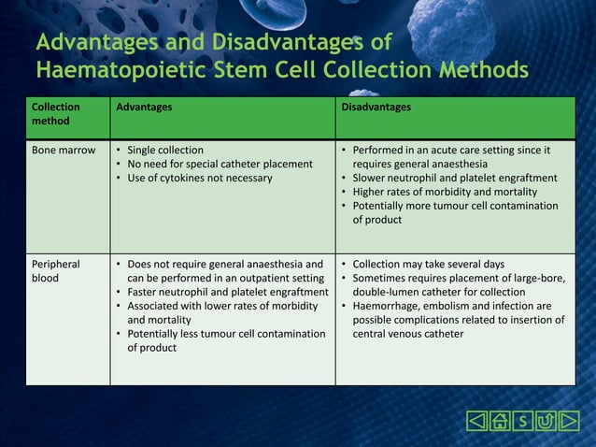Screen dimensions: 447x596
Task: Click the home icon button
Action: (501, 422)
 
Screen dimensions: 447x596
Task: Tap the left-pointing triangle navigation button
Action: (477, 422)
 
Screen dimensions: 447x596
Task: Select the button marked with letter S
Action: (524, 422)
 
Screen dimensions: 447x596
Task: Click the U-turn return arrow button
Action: (546, 422)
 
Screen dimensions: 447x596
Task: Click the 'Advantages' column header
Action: (144, 108)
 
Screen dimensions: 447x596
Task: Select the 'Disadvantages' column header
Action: (376, 108)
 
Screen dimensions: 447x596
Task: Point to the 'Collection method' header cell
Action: (56, 114)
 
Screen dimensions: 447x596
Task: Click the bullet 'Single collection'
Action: (165, 151)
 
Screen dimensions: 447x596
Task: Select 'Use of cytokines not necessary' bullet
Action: (200, 178)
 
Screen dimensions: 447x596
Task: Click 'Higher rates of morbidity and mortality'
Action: (447, 192)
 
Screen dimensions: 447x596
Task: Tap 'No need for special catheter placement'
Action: (220, 165)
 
